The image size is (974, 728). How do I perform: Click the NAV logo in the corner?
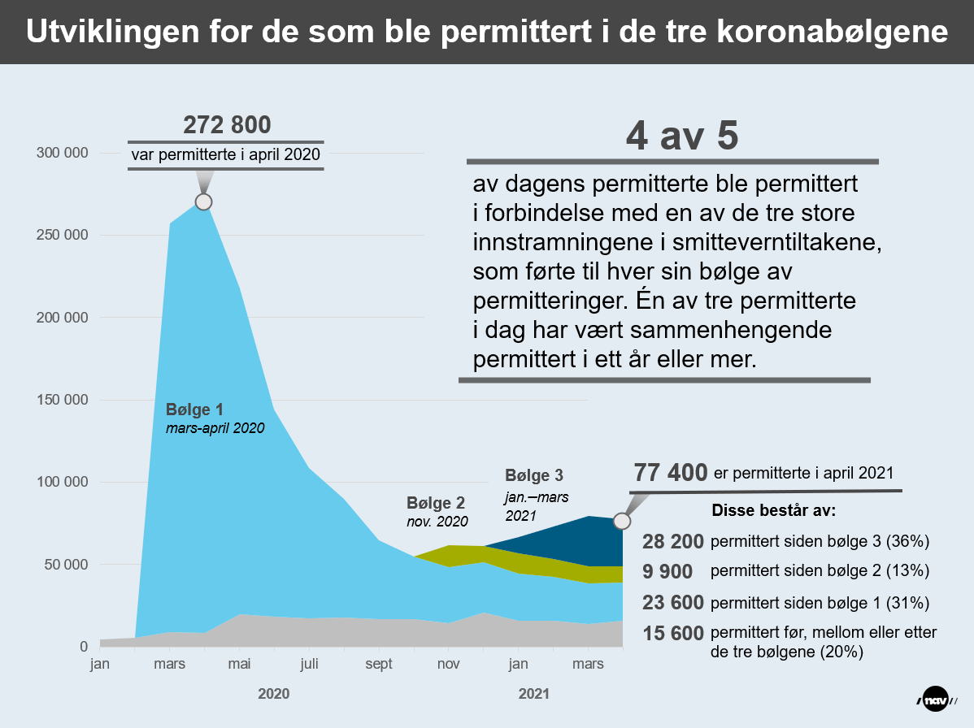[x=939, y=700]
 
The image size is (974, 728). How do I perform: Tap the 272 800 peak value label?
[x=227, y=125]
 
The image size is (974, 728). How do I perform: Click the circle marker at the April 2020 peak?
[x=203, y=201]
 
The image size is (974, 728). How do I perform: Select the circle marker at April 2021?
[x=621, y=520]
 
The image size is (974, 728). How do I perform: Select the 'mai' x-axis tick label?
[x=239, y=665]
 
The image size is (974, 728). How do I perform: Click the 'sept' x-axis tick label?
[x=379, y=665]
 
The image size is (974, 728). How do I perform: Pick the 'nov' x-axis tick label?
[x=448, y=665]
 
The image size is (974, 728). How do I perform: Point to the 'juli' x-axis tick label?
[x=309, y=665]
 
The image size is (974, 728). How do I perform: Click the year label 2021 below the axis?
[x=533, y=695]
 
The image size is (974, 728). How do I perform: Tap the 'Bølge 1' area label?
[x=194, y=409]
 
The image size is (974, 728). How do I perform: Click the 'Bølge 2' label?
[x=435, y=504]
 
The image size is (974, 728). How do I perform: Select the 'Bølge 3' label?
[x=534, y=475]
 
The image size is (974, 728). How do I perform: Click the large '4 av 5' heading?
[x=681, y=136]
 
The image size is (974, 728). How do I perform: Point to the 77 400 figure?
[x=670, y=473]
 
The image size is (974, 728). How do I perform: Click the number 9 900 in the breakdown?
[x=667, y=571]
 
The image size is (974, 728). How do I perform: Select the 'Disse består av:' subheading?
[x=774, y=513]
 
